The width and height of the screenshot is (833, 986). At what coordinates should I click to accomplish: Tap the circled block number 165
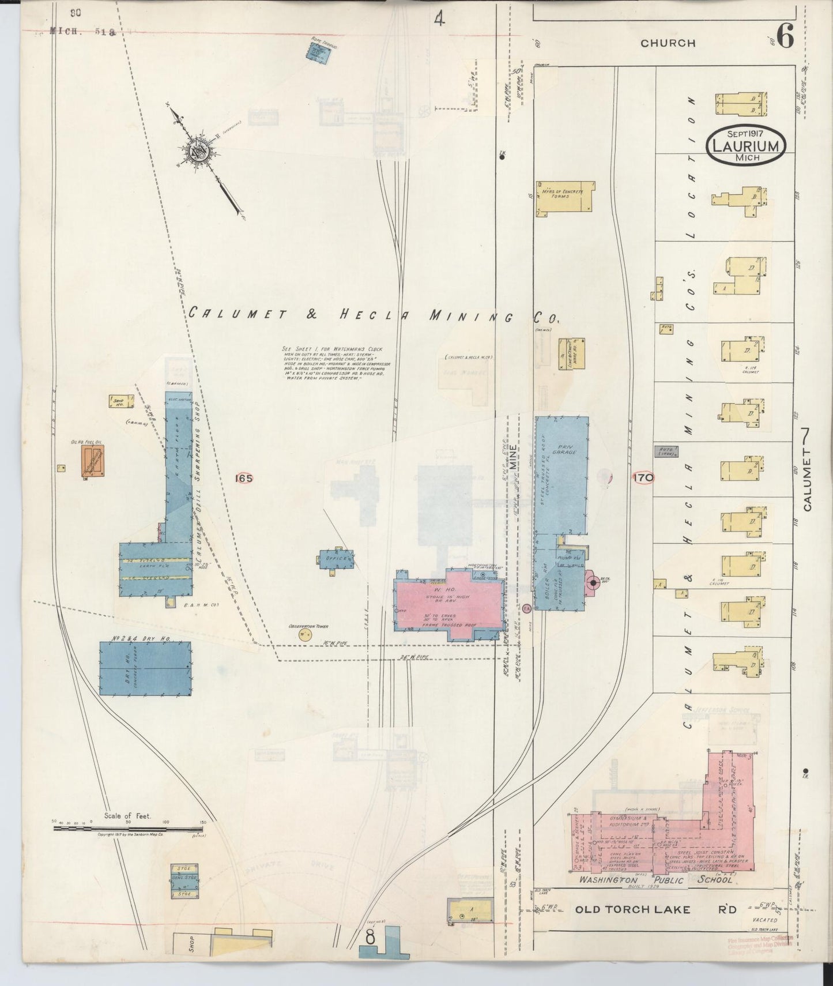[244, 478]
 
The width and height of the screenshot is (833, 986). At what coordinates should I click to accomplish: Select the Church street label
[668, 43]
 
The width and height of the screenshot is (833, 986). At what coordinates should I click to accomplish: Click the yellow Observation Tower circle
[304, 635]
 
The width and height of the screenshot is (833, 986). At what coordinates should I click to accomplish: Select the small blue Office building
[336, 559]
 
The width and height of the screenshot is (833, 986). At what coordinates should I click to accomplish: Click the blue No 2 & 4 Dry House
[146, 667]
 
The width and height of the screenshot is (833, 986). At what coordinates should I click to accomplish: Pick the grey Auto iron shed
[665, 451]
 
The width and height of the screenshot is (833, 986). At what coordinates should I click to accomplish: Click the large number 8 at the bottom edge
[370, 938]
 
